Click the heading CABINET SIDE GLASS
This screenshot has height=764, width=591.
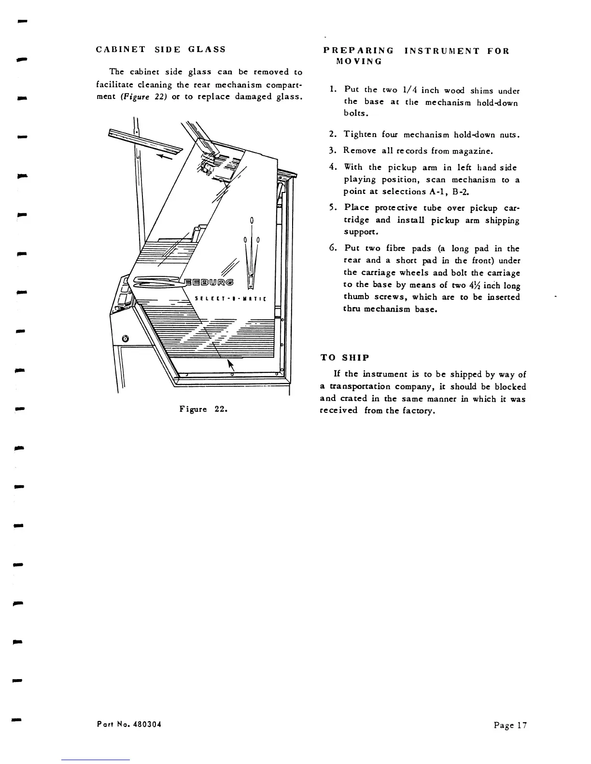(x=161, y=49)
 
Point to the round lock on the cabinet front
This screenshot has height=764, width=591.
(x=126, y=339)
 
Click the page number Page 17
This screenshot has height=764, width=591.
(x=510, y=725)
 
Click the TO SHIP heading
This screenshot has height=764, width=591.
(x=345, y=358)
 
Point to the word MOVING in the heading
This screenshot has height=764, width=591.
(x=358, y=62)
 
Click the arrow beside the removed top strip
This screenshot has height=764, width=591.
(x=165, y=154)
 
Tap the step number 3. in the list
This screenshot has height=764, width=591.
(x=332, y=150)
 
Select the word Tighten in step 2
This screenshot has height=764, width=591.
(x=360, y=135)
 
